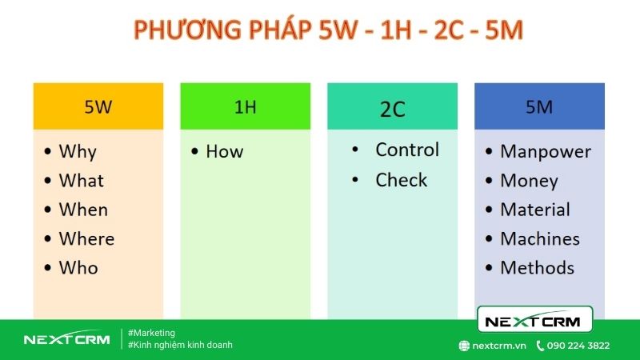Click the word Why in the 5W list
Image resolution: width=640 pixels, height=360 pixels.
78,151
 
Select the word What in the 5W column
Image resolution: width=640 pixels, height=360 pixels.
81,181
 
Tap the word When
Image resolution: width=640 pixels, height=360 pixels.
83,210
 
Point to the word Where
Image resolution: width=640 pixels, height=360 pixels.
86,238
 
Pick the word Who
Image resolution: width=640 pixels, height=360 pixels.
78,267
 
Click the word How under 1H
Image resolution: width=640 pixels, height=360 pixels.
224,151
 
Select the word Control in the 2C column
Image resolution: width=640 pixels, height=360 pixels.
407,150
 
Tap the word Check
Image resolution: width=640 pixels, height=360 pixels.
402,180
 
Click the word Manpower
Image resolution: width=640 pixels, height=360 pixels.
546,151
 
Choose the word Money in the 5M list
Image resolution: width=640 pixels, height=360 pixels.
529,181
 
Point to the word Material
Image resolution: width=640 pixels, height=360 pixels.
535,210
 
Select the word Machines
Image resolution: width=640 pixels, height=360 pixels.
540,238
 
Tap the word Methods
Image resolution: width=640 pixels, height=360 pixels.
538,267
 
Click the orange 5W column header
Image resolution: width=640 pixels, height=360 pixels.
98,106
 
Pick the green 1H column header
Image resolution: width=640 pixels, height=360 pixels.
246,106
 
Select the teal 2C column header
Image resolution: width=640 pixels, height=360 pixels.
392,106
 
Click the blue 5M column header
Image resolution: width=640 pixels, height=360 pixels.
539,106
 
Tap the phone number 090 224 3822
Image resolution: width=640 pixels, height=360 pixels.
578,346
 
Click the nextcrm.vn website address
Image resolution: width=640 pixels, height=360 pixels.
498,346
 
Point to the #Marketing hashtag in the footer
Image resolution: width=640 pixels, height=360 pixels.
151,333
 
